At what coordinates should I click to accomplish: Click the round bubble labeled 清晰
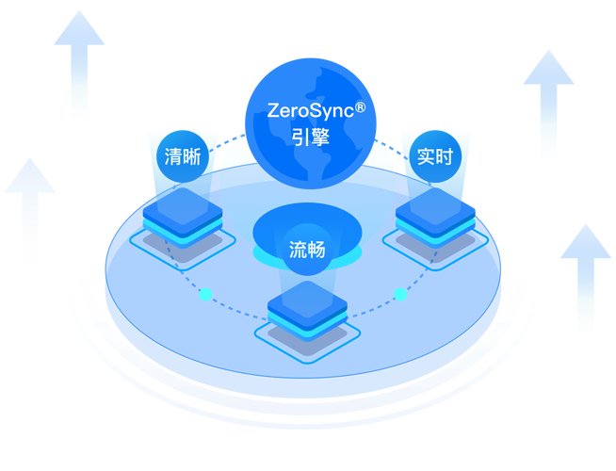182,156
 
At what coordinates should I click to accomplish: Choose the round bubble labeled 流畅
307,250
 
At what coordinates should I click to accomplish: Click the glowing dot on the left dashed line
205,295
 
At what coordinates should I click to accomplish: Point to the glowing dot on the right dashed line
400,295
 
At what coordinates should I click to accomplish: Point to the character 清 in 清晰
172,156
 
